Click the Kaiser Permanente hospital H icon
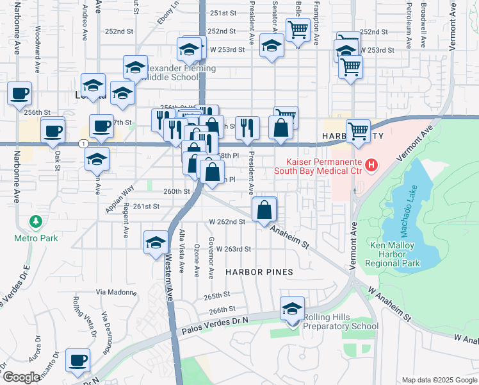(370, 167)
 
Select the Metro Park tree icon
(37, 222)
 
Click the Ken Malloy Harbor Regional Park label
(393, 254)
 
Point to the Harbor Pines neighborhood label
(259, 272)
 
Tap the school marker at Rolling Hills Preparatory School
(293, 309)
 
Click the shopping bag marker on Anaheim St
(264, 209)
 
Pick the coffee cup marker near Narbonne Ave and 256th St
(19, 94)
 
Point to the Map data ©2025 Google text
(439, 380)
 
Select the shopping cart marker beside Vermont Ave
(358, 131)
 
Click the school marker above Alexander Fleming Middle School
(136, 67)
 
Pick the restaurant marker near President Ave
(247, 127)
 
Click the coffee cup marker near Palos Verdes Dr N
(77, 361)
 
